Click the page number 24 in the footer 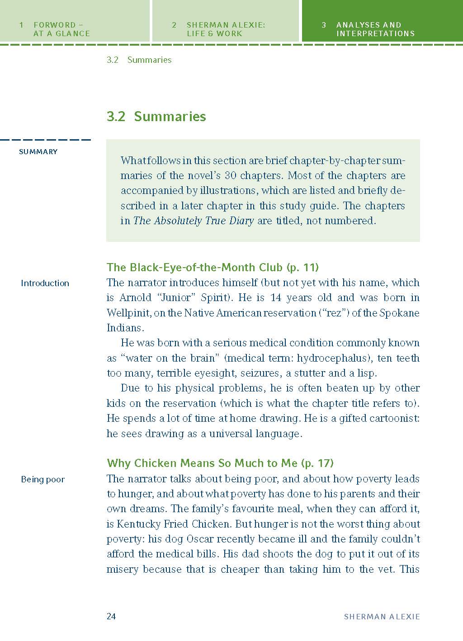tap(111, 616)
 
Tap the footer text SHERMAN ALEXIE tap(382, 617)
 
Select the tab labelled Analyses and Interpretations tap(375, 29)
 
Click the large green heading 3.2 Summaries tap(156, 117)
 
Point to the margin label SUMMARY tap(38, 152)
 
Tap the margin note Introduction tap(45, 283)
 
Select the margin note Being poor tap(43, 480)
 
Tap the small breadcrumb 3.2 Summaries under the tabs tap(139, 60)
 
